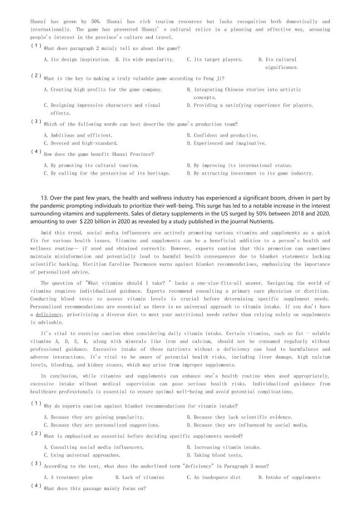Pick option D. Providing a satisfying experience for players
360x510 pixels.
[250, 105]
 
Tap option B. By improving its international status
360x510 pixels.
[239, 166]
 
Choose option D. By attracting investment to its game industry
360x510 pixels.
[250, 173]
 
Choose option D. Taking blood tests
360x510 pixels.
[214, 455]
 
